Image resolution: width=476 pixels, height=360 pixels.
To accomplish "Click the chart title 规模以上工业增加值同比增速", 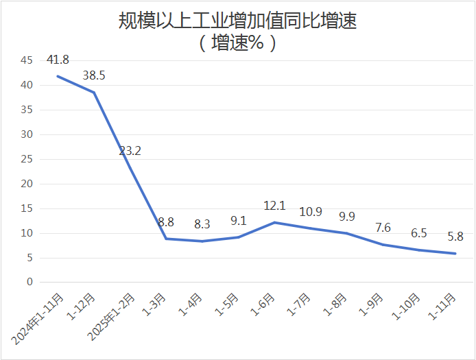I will pos(237,21).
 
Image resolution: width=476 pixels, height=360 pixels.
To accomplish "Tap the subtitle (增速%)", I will pos(237,44).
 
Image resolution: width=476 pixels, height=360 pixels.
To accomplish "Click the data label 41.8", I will pos(58,60).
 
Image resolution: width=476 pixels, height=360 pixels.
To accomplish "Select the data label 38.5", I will pos(94,75).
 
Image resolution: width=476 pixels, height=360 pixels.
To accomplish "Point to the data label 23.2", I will pos(130,151).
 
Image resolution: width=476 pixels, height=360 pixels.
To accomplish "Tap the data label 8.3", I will pos(202,224).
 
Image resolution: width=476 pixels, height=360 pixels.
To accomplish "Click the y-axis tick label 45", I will pos(27,60).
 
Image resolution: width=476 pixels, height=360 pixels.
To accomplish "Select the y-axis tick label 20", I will pos(27,184).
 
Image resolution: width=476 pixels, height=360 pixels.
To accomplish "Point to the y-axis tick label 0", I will pos(29,282).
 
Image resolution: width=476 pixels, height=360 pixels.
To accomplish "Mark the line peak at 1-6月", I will pos(274,222).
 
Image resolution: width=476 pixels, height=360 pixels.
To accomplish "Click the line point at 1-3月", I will pos(166,239).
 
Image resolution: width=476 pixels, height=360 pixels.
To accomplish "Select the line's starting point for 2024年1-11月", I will pos(58,76).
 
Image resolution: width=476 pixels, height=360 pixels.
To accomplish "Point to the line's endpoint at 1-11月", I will pos(454,254).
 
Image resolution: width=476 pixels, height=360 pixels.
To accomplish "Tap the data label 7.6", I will pos(382,228).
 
